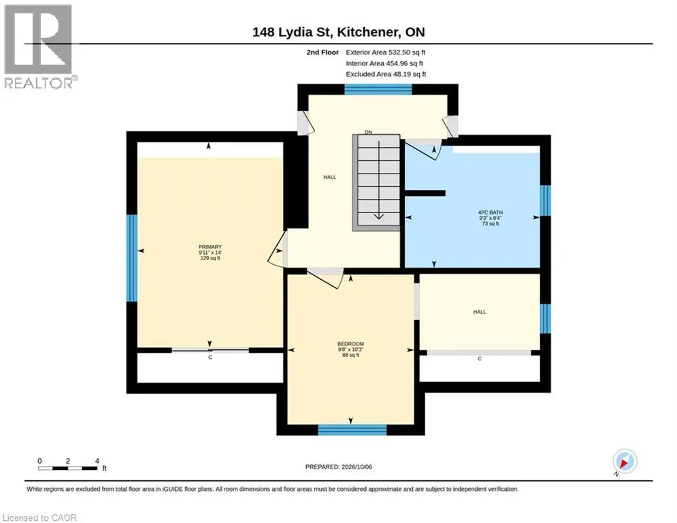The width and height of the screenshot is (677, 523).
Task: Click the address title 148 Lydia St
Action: pyautogui.click(x=292, y=32)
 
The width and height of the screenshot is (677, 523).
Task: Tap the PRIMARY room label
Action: pyautogui.click(x=210, y=247)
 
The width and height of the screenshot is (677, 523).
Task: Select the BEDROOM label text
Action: pyautogui.click(x=350, y=344)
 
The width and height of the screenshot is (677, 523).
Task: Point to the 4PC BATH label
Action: pyautogui.click(x=491, y=212)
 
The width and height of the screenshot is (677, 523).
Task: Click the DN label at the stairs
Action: pyautogui.click(x=368, y=132)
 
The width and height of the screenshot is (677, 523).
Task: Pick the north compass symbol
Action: pyautogui.click(x=625, y=461)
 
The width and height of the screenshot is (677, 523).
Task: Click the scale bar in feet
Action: pyautogui.click(x=68, y=468)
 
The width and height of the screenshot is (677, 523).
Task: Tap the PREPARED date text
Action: pyautogui.click(x=339, y=466)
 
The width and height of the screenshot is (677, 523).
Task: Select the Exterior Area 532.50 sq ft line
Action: pyautogui.click(x=386, y=52)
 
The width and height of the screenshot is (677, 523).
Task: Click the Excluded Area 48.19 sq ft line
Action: pyautogui.click(x=386, y=74)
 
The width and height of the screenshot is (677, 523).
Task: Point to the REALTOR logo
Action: pyautogui.click(x=39, y=46)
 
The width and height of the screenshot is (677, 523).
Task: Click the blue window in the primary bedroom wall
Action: pyautogui.click(x=132, y=258)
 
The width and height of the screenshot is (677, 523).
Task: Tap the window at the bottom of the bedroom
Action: pyautogui.click(x=352, y=430)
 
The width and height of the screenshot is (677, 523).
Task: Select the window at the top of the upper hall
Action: pyautogui.click(x=378, y=89)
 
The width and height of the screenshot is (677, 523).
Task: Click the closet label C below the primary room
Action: pyautogui.click(x=210, y=358)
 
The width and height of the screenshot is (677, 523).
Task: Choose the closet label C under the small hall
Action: pyautogui.click(x=480, y=359)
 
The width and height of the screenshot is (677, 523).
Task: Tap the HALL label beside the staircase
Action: pyautogui.click(x=330, y=177)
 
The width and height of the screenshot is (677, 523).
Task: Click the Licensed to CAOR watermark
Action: pyautogui.click(x=39, y=518)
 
